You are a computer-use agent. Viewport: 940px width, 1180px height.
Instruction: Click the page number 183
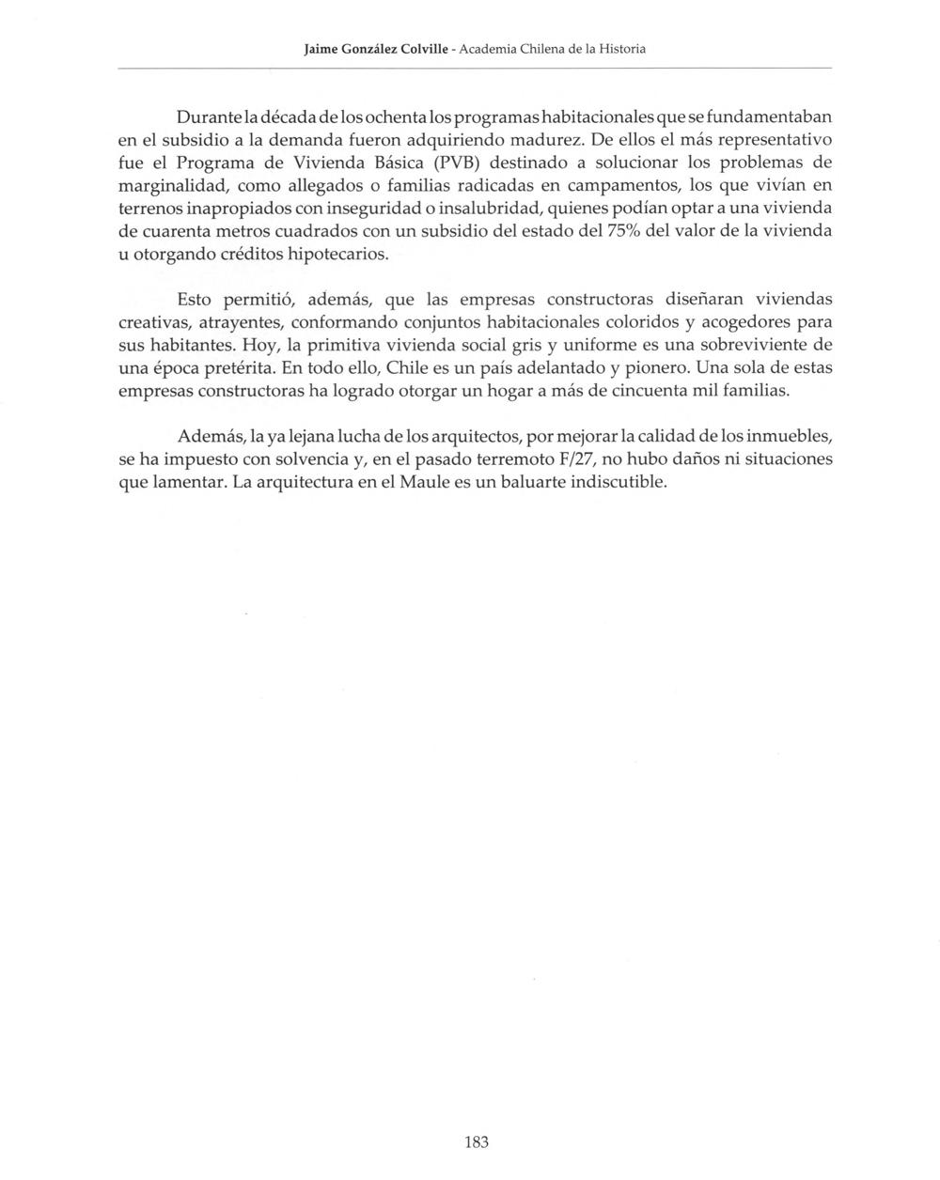pyautogui.click(x=477, y=1142)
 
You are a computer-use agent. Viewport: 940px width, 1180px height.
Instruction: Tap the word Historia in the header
pyautogui.click(x=618, y=48)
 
